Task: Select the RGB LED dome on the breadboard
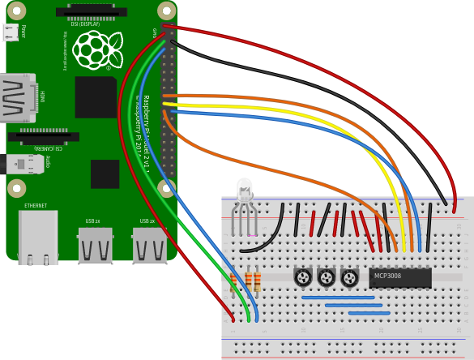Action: [x=245, y=191]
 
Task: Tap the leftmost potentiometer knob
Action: [x=303, y=277]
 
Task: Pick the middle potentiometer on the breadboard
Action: [x=327, y=277]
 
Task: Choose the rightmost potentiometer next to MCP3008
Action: [x=349, y=278]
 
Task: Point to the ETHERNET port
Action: [x=38, y=237]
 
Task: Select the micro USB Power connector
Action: [x=11, y=32]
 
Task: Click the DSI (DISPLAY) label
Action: [x=84, y=24]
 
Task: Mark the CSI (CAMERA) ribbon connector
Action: [x=45, y=137]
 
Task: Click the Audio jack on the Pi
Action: [x=24, y=164]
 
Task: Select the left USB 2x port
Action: [x=95, y=245]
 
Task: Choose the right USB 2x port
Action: [x=150, y=245]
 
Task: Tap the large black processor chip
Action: [x=96, y=97]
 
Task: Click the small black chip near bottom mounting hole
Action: [x=105, y=174]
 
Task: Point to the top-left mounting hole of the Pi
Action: [x=16, y=11]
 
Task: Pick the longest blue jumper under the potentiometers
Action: [x=338, y=298]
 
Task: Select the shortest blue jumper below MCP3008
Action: [x=369, y=313]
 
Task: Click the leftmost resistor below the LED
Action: [x=233, y=281]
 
